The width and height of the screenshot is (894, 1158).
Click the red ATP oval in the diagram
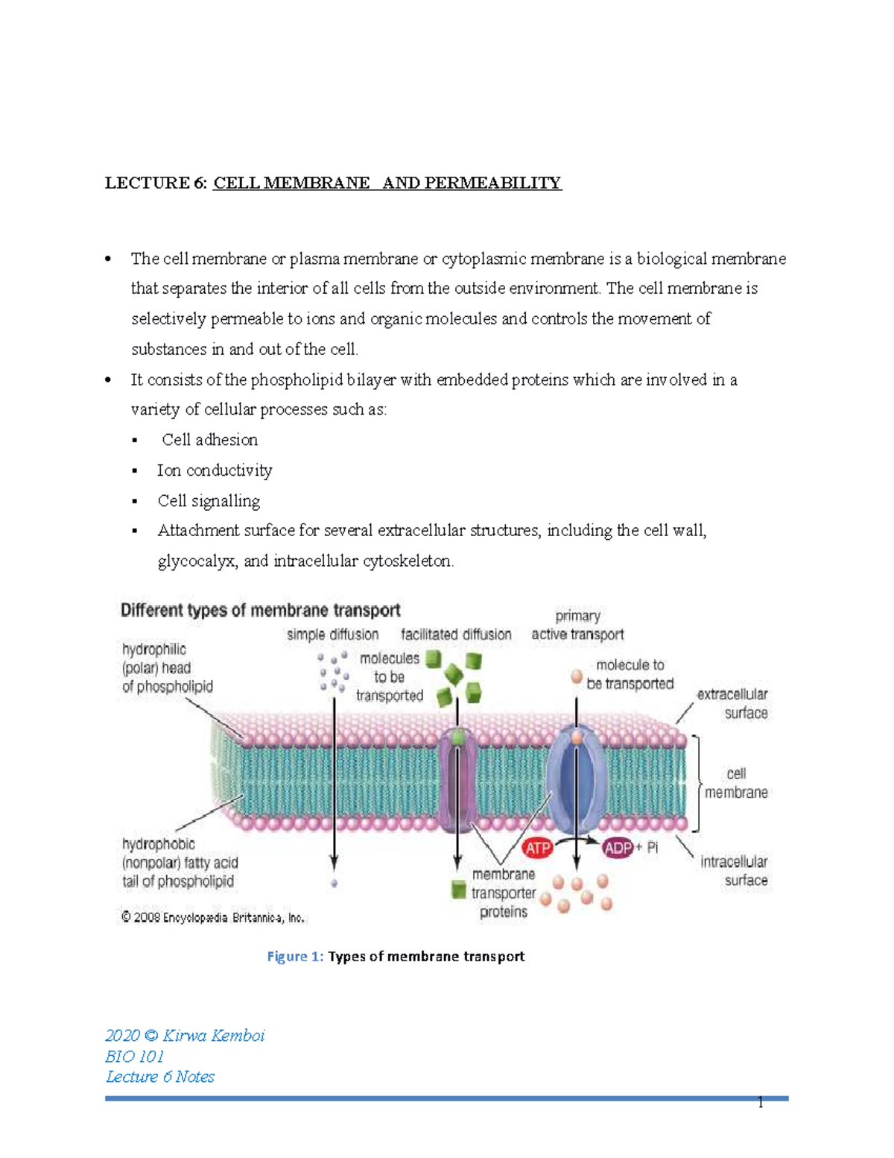pyautogui.click(x=538, y=848)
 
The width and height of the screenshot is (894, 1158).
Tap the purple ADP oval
pyautogui.click(x=618, y=848)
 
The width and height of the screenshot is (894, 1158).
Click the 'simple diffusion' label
pyautogui.click(x=332, y=635)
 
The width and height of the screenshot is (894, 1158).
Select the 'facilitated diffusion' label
pyautogui.click(x=456, y=635)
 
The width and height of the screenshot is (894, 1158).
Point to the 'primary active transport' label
pyautogui.click(x=577, y=625)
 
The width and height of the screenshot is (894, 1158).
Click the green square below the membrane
pyautogui.click(x=459, y=890)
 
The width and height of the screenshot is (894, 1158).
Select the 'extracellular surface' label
pyautogui.click(x=733, y=703)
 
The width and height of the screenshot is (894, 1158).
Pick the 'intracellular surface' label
pyautogui.click(x=734, y=871)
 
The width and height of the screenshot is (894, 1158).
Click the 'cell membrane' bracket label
pyautogui.click(x=736, y=783)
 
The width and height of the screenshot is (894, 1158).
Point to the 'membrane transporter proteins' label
pyautogui.click(x=504, y=893)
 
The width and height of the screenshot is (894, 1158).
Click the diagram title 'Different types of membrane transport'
pyautogui.click(x=261, y=611)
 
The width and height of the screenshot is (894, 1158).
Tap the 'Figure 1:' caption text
pyautogui.click(x=296, y=957)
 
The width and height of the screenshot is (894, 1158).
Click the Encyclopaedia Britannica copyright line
pyautogui.click(x=213, y=918)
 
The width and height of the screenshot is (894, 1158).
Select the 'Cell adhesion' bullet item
pyautogui.click(x=209, y=440)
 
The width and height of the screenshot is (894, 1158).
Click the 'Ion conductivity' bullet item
pyautogui.click(x=215, y=471)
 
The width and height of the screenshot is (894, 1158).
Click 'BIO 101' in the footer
pyautogui.click(x=135, y=1057)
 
